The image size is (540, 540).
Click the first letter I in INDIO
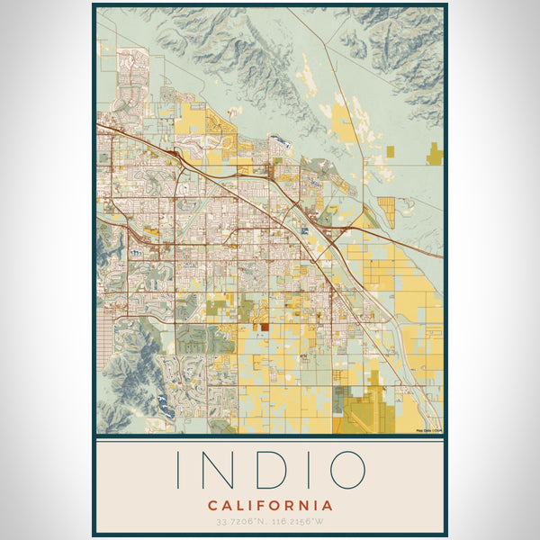[178, 470]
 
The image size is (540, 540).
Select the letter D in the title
[266, 470]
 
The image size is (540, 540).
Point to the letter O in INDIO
[346, 470]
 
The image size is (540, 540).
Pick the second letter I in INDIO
[308, 470]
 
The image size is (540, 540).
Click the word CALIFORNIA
[269, 505]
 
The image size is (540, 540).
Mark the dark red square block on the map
[265, 328]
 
